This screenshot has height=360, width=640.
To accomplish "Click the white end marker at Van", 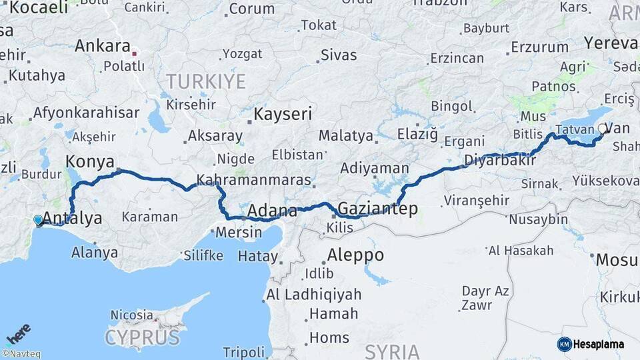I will click(x=602, y=129).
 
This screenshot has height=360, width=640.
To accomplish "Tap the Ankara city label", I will click(x=102, y=46).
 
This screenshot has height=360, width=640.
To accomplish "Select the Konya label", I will click(x=89, y=161).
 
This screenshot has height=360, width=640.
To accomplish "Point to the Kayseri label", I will click(x=283, y=114).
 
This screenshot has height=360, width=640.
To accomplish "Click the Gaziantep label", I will click(x=377, y=209).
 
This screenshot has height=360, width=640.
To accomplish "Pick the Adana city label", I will click(x=272, y=211).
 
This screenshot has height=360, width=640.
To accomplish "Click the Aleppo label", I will click(x=355, y=255).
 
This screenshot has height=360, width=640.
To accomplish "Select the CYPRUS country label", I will click(x=142, y=337).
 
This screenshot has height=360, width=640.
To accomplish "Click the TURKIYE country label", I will click(x=205, y=82).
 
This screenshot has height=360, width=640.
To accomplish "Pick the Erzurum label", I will click(x=539, y=47).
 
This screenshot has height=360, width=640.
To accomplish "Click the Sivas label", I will click(x=339, y=55).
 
